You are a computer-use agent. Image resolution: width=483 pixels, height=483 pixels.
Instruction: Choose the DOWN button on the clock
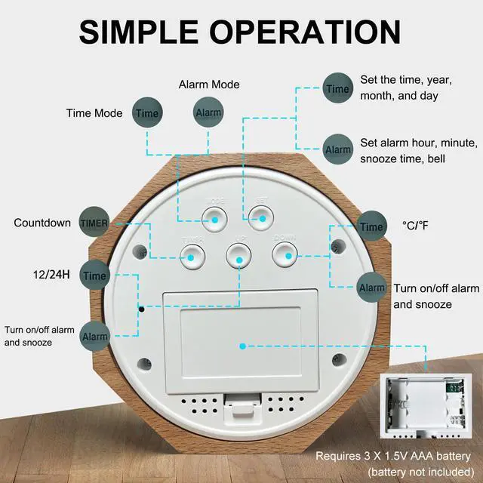pyautogui.click(x=286, y=256)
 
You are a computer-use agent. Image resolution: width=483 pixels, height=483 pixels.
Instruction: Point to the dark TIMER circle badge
pyautogui.click(x=94, y=223)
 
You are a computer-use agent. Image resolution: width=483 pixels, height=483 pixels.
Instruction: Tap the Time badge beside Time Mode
pyautogui.click(x=147, y=113)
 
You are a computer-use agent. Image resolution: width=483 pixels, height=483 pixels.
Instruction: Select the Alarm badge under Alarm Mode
pyautogui.click(x=208, y=112)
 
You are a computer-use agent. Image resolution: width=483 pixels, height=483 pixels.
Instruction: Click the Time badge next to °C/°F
pyautogui.click(x=371, y=226)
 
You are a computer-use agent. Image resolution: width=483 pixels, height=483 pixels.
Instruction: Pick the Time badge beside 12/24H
pyautogui.click(x=95, y=275)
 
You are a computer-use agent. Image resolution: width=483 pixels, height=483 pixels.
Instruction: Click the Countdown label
pyautogui.click(x=42, y=223)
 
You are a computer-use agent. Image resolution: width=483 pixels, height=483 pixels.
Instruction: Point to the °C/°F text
pyautogui.click(x=415, y=225)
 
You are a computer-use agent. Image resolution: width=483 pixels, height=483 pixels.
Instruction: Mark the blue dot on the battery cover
pyautogui.click(x=242, y=346)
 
